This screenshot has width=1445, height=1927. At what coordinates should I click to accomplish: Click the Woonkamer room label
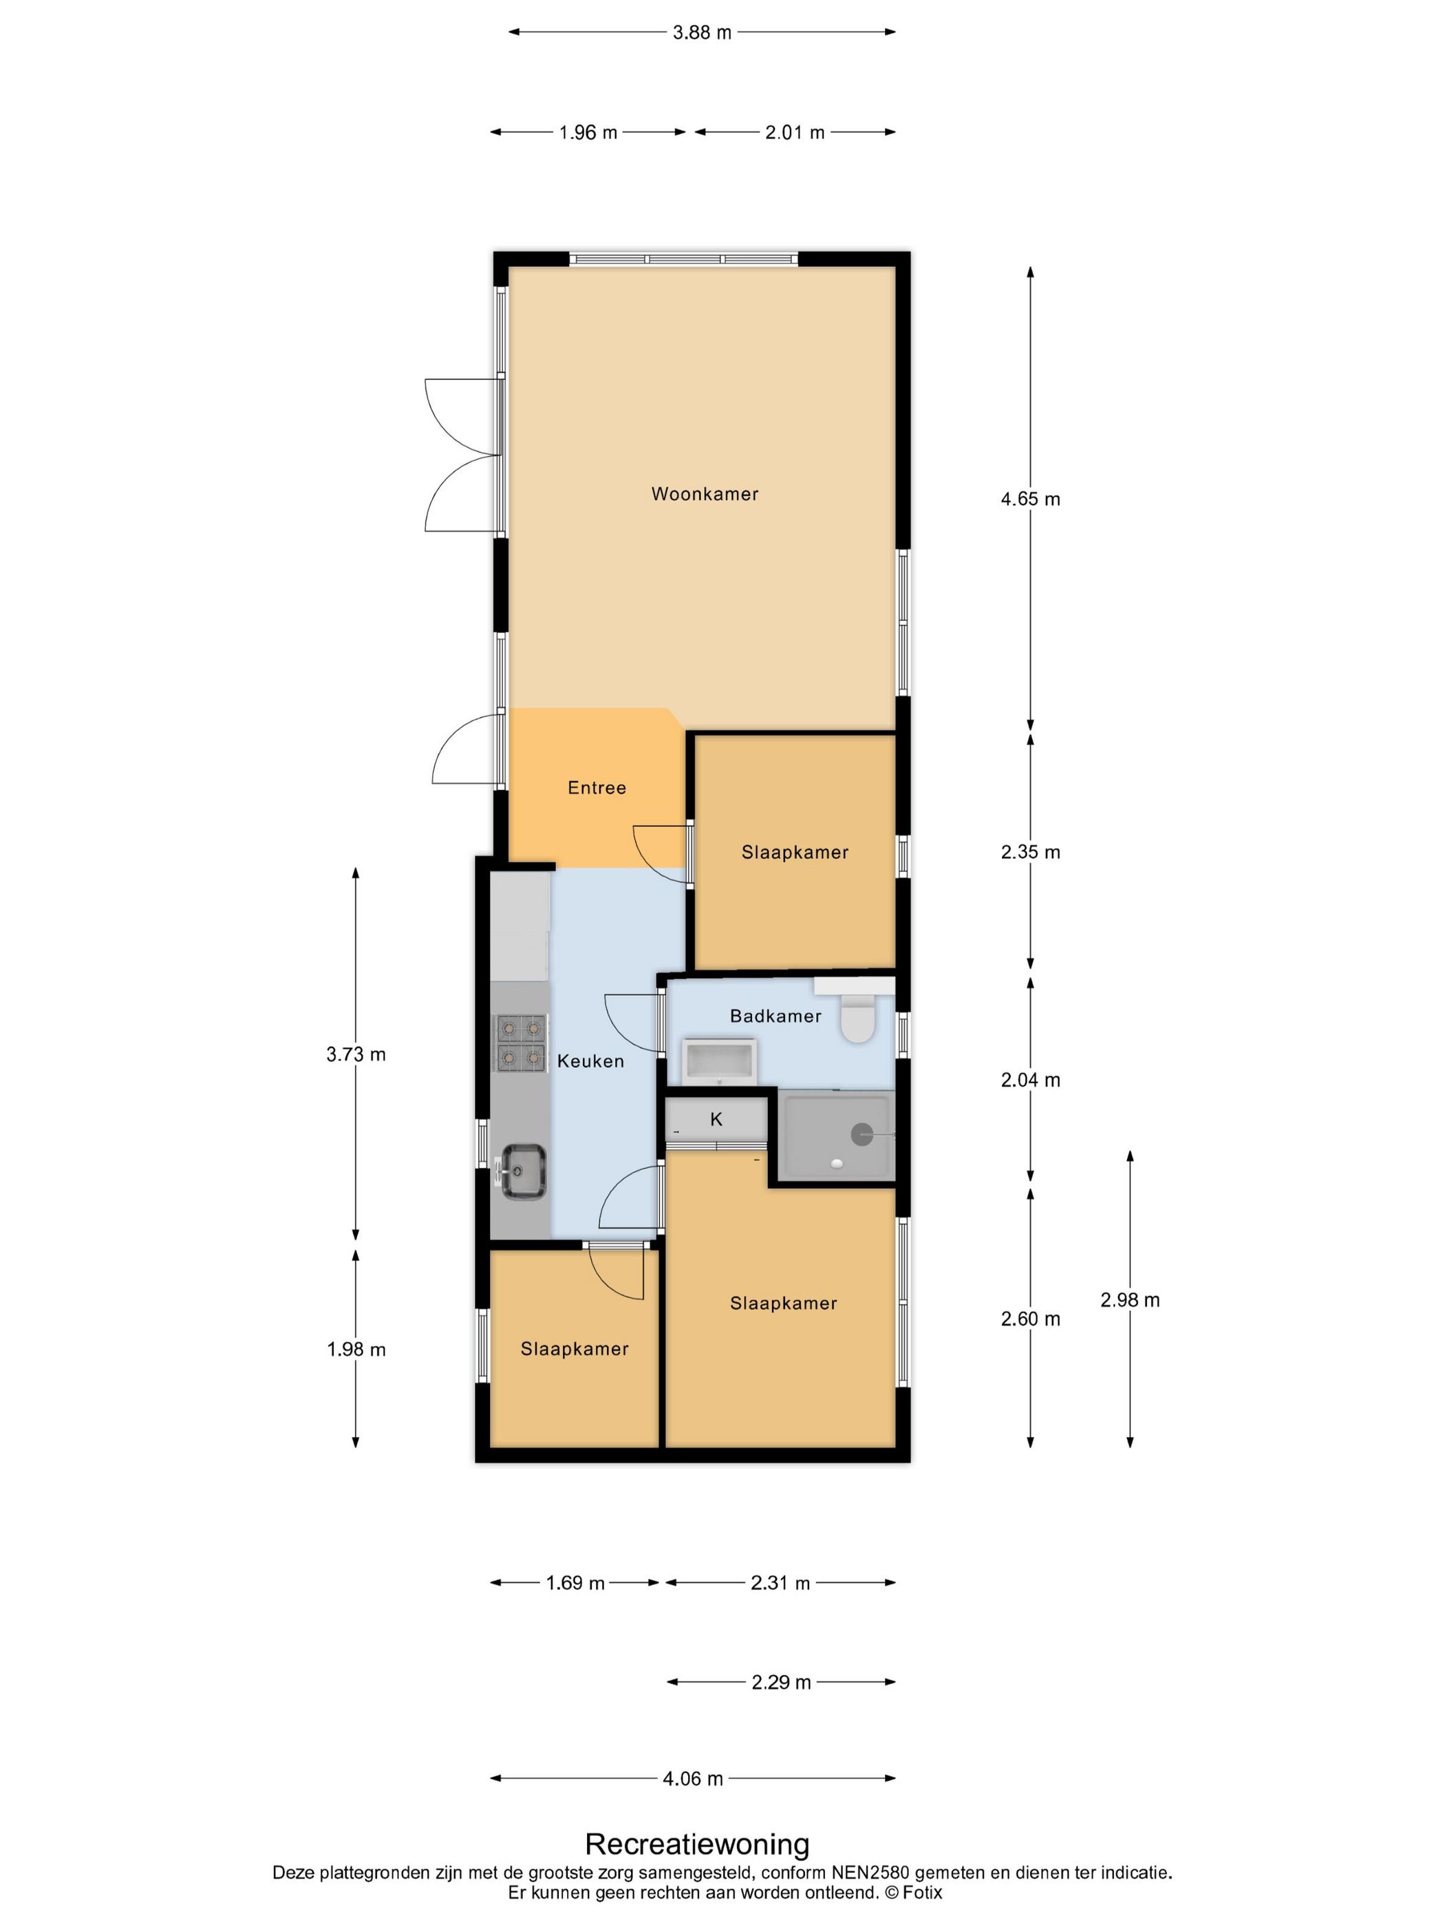click(705, 494)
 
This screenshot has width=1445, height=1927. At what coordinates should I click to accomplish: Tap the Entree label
click(597, 787)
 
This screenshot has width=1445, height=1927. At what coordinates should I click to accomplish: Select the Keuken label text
click(590, 1061)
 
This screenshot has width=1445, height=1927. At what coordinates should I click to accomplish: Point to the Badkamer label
click(775, 1016)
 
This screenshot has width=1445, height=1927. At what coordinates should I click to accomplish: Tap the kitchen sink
click(522, 1170)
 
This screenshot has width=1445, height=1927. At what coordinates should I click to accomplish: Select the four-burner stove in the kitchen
click(520, 1043)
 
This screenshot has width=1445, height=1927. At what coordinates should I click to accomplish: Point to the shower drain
click(861, 1134)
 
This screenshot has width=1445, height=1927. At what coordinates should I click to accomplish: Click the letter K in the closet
click(716, 1120)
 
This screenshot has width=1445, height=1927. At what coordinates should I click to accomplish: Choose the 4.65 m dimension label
click(1030, 499)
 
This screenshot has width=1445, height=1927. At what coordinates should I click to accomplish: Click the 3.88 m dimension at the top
click(702, 32)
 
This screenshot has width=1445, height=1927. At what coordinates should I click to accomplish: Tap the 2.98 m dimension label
click(1130, 1300)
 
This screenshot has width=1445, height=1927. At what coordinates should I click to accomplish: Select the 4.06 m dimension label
click(694, 1779)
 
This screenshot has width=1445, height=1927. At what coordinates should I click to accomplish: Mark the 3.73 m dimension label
click(355, 1054)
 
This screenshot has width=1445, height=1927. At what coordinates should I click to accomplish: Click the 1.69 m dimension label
click(575, 1583)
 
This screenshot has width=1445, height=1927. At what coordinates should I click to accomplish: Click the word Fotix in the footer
click(923, 1892)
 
